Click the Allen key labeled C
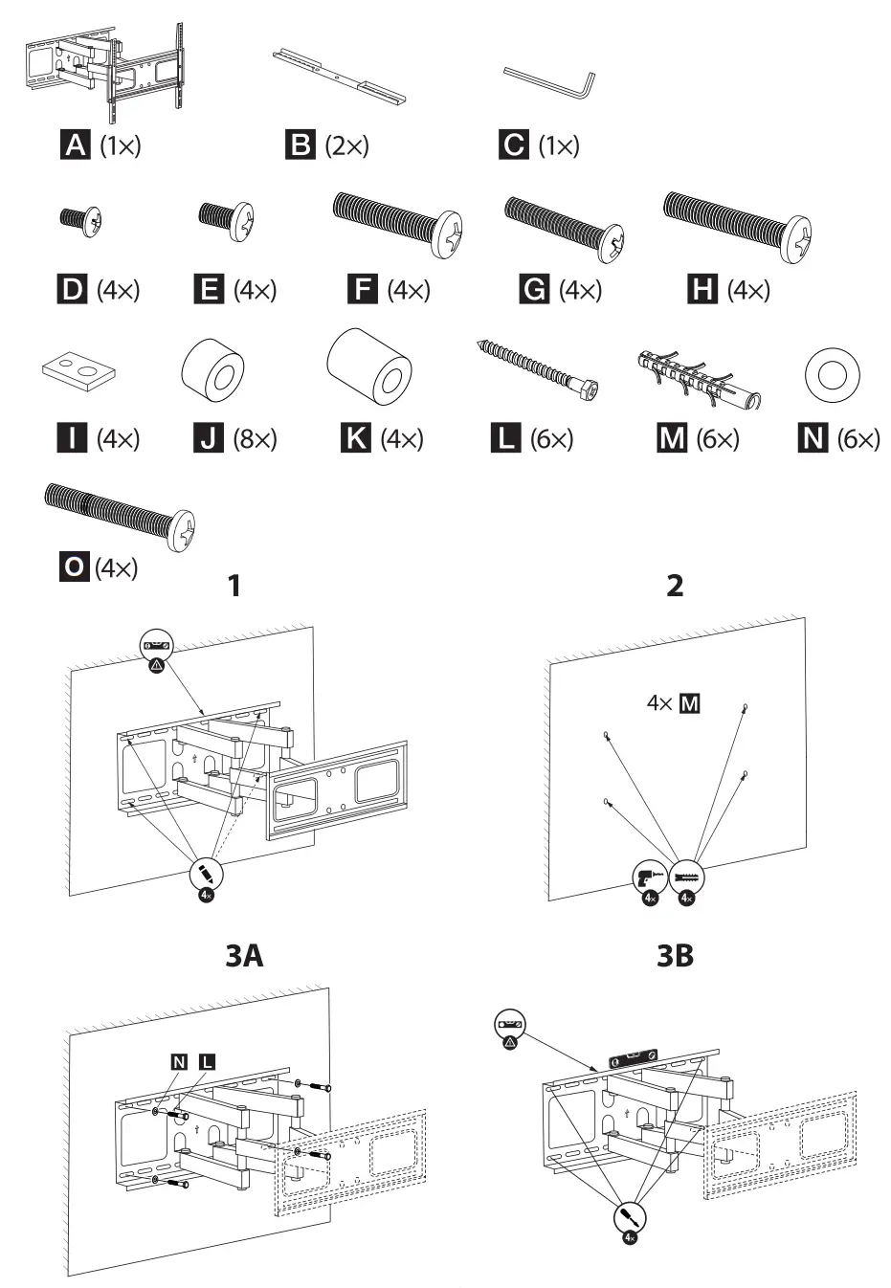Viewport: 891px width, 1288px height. point(550,81)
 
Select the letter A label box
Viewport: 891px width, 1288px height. point(75,145)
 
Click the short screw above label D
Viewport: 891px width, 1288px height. point(80,219)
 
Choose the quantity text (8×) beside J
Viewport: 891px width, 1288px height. point(255,439)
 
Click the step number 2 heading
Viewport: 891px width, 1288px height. point(675,586)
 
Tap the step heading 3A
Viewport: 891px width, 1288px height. point(244,955)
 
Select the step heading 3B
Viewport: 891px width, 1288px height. point(675,955)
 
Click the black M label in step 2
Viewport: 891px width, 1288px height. point(689,704)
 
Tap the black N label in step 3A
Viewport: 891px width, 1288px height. point(179,1061)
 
